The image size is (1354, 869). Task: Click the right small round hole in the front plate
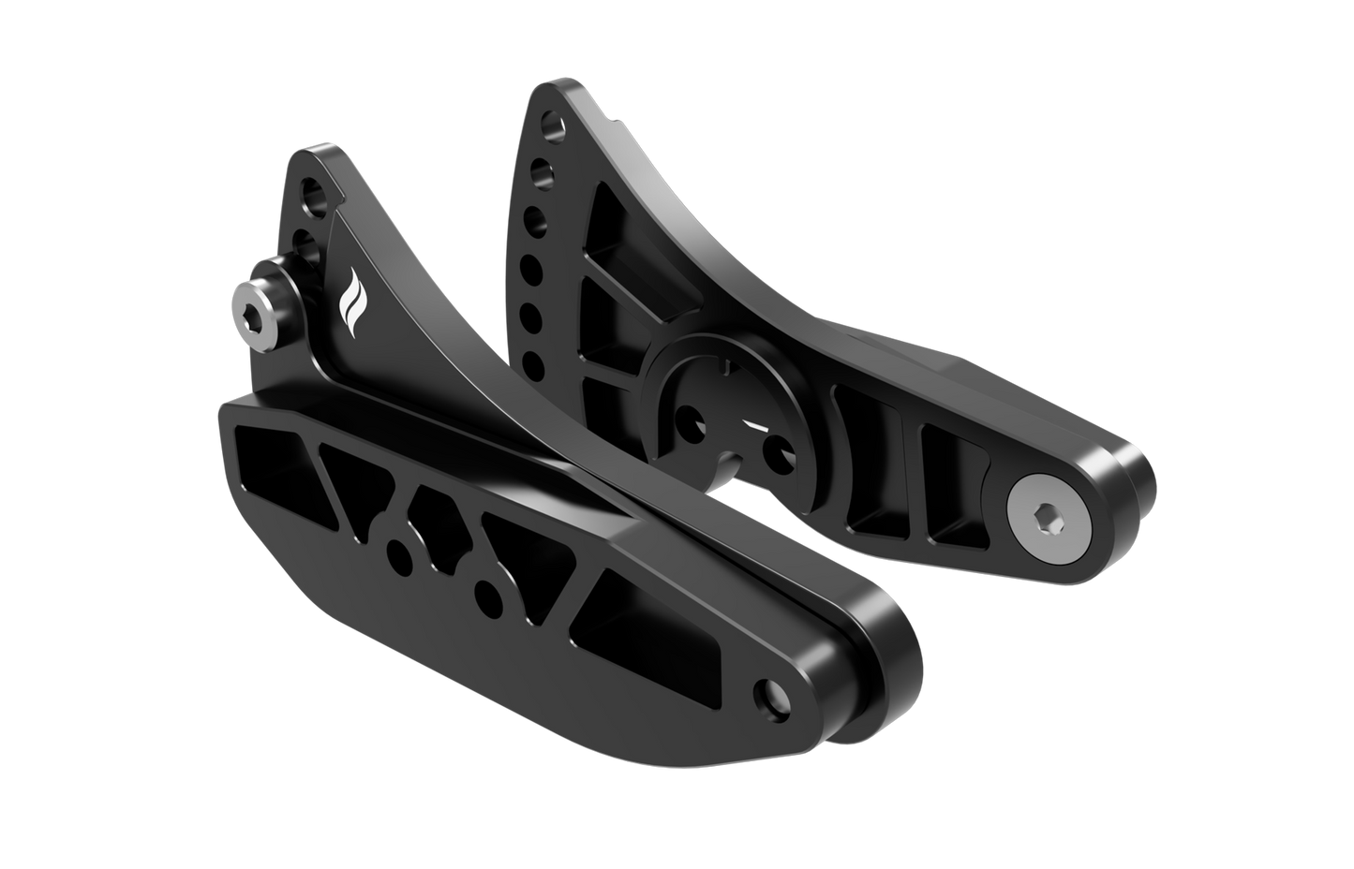click(x=486, y=591)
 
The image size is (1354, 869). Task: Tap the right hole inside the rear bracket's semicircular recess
click(x=776, y=452)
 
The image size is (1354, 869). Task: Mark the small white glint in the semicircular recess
click(x=755, y=426)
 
